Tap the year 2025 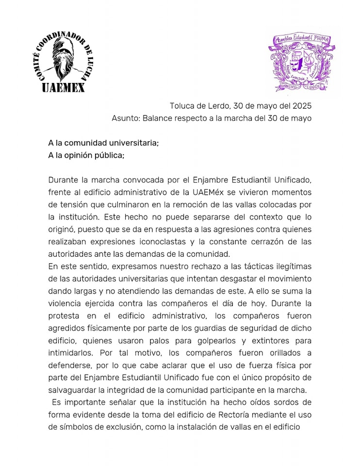(x=301, y=106)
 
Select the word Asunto (x=125, y=118)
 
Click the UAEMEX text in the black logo (x=63, y=87)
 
